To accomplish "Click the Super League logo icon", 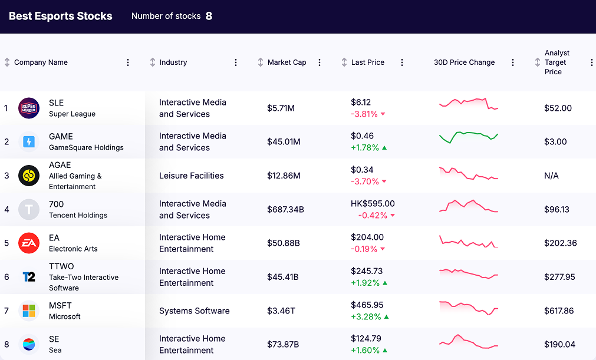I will (29, 108).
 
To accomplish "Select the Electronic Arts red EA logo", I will (29, 243).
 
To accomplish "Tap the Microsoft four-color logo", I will (29, 311).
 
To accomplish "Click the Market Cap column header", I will (287, 62).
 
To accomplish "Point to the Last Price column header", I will (367, 62).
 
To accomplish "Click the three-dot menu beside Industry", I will (236, 62).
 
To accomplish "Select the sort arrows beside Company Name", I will (7, 62).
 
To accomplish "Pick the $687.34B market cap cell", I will (285, 209).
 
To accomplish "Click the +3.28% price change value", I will (365, 316).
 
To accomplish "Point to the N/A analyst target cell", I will (551, 176).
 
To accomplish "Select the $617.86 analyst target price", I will (559, 311).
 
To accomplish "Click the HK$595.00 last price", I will (373, 204).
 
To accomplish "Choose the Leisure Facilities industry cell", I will (192, 176).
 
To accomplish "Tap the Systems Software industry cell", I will (194, 311).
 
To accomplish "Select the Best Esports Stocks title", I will (61, 16).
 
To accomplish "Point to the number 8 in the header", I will (209, 16).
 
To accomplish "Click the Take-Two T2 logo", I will (29, 277).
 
